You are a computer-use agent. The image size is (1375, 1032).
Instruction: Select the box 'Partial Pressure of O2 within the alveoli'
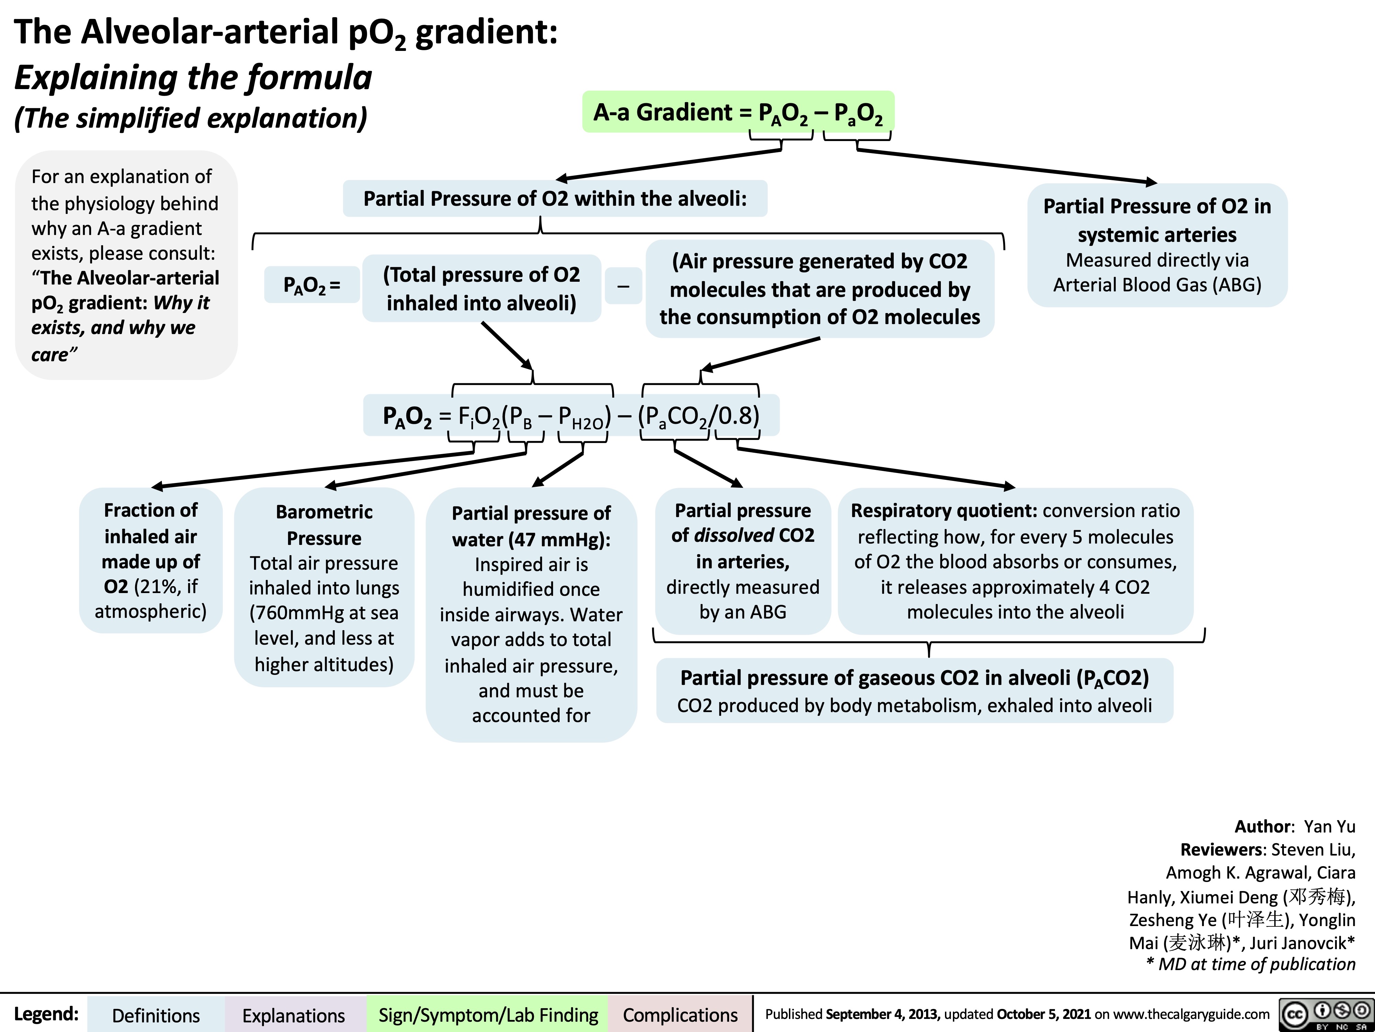(555, 198)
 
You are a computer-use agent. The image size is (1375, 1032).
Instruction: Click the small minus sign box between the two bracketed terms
(623, 286)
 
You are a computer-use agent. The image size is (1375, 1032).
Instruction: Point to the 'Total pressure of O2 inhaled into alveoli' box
(482, 289)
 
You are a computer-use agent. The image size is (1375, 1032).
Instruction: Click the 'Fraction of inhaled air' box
(151, 560)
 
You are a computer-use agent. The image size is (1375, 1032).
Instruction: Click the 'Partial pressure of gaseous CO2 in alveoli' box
(914, 690)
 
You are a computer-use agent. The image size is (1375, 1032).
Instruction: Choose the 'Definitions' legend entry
(156, 1015)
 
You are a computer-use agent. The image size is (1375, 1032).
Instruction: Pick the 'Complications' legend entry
(680, 1015)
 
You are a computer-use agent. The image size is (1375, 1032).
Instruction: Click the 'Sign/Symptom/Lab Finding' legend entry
(488, 1015)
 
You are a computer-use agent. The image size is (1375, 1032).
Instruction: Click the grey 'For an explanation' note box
(126, 265)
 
